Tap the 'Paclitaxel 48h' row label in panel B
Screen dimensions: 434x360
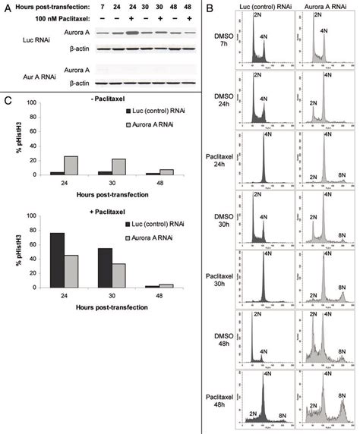pos(225,394)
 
